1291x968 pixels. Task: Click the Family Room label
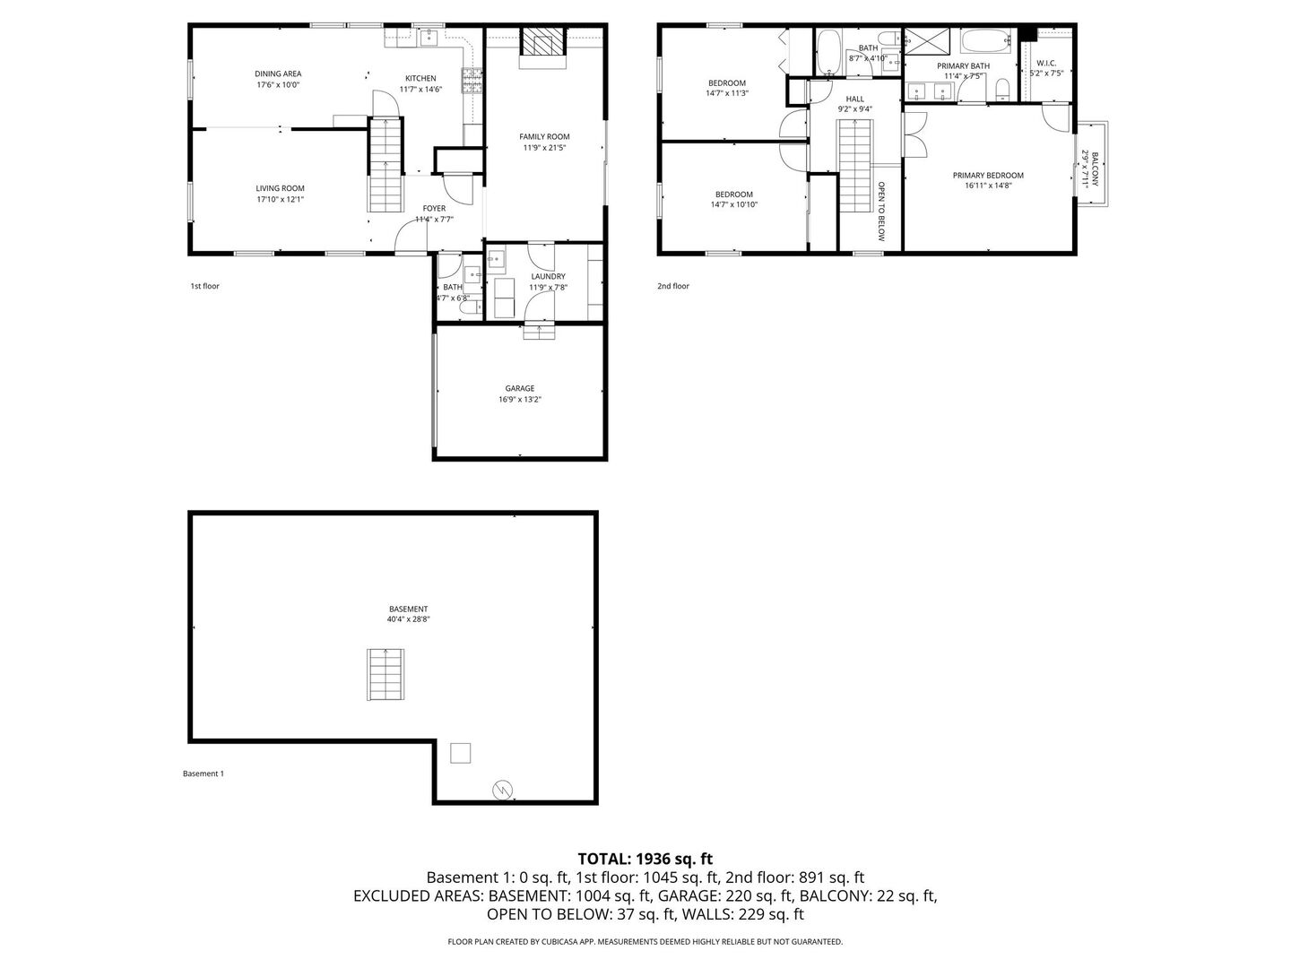coord(544,137)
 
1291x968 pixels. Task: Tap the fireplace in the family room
coord(542,43)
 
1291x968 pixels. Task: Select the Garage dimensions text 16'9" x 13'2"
coord(520,400)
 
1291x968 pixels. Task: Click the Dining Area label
coord(278,74)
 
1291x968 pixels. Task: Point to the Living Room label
coord(280,189)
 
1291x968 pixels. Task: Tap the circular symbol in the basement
coord(503,790)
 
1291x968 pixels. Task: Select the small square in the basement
coord(460,753)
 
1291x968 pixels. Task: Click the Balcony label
coord(1095,168)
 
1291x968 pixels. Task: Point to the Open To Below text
coord(881,212)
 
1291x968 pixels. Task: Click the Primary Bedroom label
coord(988,176)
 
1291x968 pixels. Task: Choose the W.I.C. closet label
coord(1046,64)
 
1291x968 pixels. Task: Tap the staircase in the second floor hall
coord(855,166)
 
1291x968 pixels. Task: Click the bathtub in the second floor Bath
coord(828,52)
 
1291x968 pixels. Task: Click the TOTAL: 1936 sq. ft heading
coord(645,859)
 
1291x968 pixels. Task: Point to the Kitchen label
coord(420,79)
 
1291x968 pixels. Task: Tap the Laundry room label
coord(548,277)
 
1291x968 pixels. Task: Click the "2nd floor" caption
coord(673,286)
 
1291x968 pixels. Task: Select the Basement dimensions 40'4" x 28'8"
coord(408,619)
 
